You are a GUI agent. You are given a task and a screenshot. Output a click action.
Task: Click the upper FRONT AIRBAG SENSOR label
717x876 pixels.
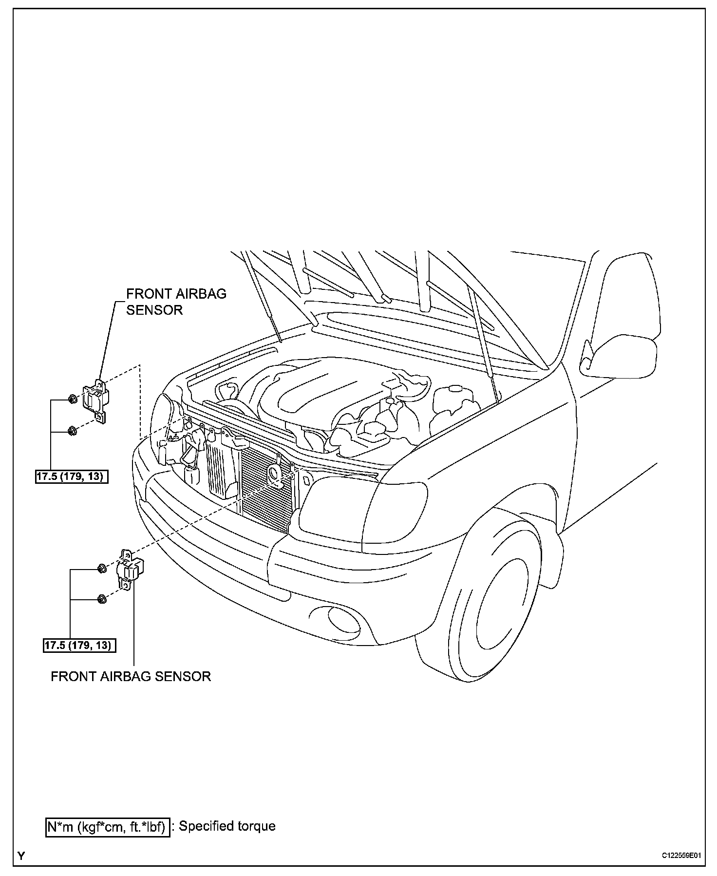[x=176, y=302]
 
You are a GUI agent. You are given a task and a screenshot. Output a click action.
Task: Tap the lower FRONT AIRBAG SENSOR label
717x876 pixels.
[x=131, y=676]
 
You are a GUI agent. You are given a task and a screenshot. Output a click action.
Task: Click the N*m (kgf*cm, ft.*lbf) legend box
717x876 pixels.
[x=108, y=827]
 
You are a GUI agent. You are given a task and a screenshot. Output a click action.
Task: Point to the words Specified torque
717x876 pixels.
[x=227, y=826]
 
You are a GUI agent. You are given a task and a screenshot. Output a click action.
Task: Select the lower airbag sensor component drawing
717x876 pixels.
[x=131, y=569]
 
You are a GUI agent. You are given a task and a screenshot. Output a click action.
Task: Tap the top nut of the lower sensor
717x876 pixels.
[x=102, y=568]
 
